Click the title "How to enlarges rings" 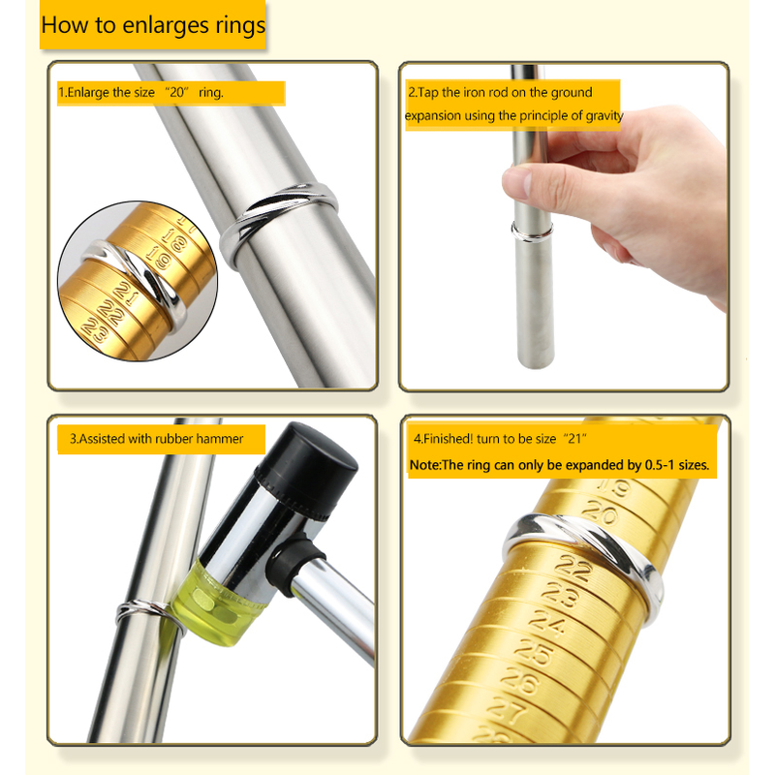pyautogui.click(x=153, y=25)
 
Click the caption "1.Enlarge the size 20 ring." pyautogui.click(x=140, y=92)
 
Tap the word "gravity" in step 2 pyautogui.click(x=604, y=115)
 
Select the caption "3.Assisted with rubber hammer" pyautogui.click(x=156, y=439)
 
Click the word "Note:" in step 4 pyautogui.click(x=425, y=465)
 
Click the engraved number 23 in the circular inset pyautogui.click(x=95, y=330)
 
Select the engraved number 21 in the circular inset pyautogui.click(x=127, y=294)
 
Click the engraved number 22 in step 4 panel pyautogui.click(x=573, y=567)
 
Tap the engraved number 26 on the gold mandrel pyautogui.click(x=519, y=682)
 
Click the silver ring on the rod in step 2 pyautogui.click(x=532, y=232)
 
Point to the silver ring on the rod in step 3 pyautogui.click(x=148, y=613)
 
